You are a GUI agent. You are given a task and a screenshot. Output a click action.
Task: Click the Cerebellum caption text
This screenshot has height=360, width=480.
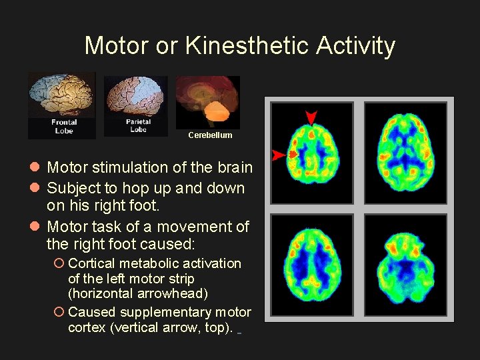pos(210,135)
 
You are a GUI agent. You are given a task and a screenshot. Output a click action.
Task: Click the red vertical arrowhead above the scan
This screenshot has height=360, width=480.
pos(311,117)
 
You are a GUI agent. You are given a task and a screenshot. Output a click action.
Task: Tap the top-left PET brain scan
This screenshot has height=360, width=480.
pos(312,152)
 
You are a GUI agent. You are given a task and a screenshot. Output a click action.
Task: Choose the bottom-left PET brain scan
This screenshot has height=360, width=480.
pos(312,265)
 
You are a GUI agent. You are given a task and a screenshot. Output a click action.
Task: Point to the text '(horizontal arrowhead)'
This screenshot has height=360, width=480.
pos(138,293)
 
